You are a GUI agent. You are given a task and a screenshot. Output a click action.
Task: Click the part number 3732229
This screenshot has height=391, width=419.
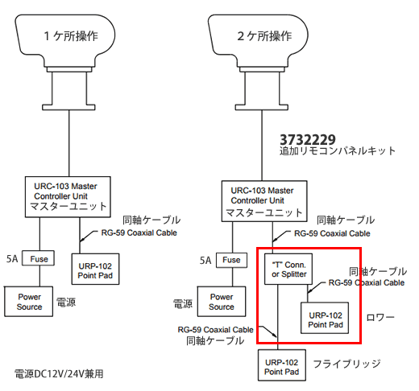pyautogui.click(x=308, y=140)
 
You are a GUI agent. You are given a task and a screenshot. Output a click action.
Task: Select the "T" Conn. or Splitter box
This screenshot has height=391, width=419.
pyautogui.click(x=288, y=269)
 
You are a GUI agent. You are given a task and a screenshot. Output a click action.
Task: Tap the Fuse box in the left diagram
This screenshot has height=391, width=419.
pyautogui.click(x=38, y=258)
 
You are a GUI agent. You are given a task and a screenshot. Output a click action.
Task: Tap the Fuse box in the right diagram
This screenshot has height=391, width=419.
pyautogui.click(x=231, y=260)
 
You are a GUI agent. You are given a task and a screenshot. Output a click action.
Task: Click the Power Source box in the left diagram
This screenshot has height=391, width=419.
pyautogui.click(x=28, y=302)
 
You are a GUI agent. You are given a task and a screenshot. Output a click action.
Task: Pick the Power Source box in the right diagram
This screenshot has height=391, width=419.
pyautogui.click(x=222, y=302)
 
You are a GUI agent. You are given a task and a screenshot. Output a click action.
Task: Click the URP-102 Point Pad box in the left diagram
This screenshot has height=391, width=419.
pyautogui.click(x=95, y=269)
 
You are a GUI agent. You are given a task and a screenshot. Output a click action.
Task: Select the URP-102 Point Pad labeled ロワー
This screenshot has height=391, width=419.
pyautogui.click(x=325, y=318)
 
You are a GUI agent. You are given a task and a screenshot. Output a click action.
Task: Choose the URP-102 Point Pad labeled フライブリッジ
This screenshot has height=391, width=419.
pyautogui.click(x=282, y=365)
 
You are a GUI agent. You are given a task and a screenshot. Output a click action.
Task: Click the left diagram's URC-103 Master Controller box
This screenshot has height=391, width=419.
pyautogui.click(x=68, y=197)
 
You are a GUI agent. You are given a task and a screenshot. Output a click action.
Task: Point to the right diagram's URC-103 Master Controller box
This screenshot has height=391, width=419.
pyautogui.click(x=264, y=201)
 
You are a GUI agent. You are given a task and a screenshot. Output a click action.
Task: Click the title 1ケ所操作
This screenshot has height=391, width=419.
pyautogui.click(x=71, y=36)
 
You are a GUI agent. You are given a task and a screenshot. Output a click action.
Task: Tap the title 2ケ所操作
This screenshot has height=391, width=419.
pyautogui.click(x=264, y=36)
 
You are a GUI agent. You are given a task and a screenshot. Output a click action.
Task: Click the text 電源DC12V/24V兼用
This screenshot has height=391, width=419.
pyautogui.click(x=59, y=374)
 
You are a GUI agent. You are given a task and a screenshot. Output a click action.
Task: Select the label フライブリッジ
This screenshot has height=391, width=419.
pyautogui.click(x=346, y=364)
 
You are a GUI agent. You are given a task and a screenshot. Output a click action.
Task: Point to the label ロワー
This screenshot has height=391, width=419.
pyautogui.click(x=380, y=318)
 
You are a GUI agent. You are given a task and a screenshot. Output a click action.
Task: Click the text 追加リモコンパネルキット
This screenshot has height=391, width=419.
pyautogui.click(x=338, y=150)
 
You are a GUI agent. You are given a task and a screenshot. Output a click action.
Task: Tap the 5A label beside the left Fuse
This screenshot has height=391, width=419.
pyautogui.click(x=12, y=259)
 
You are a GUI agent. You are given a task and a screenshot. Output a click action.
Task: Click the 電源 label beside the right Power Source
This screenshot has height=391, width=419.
pyautogui.click(x=183, y=304)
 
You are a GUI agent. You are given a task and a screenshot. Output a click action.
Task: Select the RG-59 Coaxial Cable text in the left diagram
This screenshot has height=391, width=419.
pyautogui.click(x=139, y=233)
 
